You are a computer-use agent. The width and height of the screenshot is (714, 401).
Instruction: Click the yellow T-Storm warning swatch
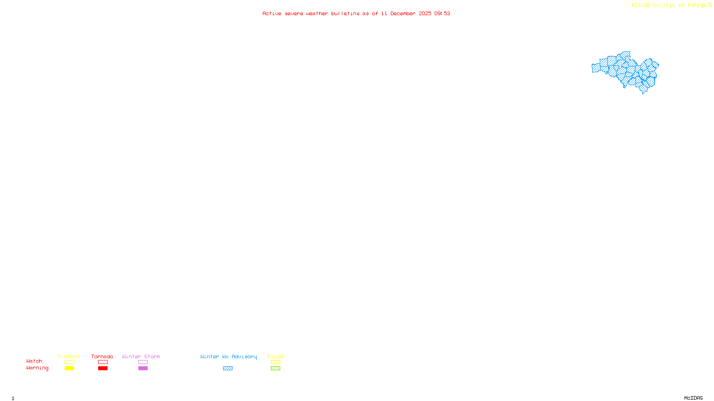point(69,368)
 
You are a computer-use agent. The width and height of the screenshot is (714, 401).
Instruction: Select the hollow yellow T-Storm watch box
point(69,362)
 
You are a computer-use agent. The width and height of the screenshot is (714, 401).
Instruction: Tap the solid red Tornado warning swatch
point(103,368)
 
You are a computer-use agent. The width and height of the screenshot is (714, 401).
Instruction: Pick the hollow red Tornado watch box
point(103,362)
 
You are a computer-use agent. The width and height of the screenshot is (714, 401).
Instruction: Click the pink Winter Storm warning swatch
point(143,368)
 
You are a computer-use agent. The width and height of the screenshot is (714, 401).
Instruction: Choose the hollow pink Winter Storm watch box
point(143,362)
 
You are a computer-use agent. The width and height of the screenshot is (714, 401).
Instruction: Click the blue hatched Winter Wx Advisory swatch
point(228,368)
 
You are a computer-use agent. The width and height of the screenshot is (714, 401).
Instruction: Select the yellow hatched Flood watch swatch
point(275,362)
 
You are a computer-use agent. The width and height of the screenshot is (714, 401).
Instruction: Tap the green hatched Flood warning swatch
point(275,368)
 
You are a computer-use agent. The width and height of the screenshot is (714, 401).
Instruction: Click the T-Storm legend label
point(69,356)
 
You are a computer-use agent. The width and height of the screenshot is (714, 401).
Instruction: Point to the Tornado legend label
point(102,356)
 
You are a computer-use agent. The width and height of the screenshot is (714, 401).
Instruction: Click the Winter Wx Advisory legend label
point(228,356)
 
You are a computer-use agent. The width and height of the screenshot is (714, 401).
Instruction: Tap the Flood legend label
point(275,356)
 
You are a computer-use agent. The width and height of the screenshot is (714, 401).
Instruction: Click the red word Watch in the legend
point(34,361)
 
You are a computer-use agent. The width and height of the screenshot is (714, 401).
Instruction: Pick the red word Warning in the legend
point(37,368)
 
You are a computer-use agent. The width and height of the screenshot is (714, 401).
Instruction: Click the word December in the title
point(403,14)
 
